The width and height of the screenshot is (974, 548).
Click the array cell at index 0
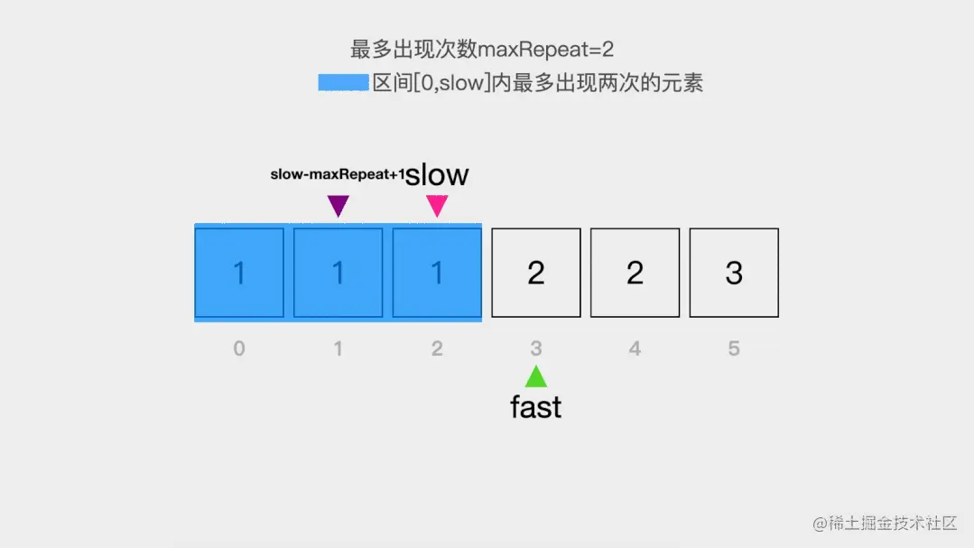pos(239,273)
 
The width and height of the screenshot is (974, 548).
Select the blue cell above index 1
pos(339,273)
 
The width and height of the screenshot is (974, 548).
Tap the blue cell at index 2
pos(437,273)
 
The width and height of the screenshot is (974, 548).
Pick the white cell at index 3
pos(536,273)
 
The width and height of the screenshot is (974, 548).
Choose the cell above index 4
pos(635,273)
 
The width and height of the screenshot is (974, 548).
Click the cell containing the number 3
pos(734,273)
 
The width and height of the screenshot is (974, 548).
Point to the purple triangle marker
pos(338,206)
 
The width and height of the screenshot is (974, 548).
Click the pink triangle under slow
pos(437,206)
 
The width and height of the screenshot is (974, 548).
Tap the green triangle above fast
pos(536,376)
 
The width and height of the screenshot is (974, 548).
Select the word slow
pos(437,174)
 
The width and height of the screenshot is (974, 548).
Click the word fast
pos(536,407)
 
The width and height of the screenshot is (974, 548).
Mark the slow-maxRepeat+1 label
pos(338,174)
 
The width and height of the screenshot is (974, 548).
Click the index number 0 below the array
pos(239,348)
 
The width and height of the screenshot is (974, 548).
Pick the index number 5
pos(734,348)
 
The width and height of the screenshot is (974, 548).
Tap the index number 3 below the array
pos(536,348)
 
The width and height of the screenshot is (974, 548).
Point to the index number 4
pos(635,348)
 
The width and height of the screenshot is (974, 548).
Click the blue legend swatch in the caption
pos(343,83)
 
